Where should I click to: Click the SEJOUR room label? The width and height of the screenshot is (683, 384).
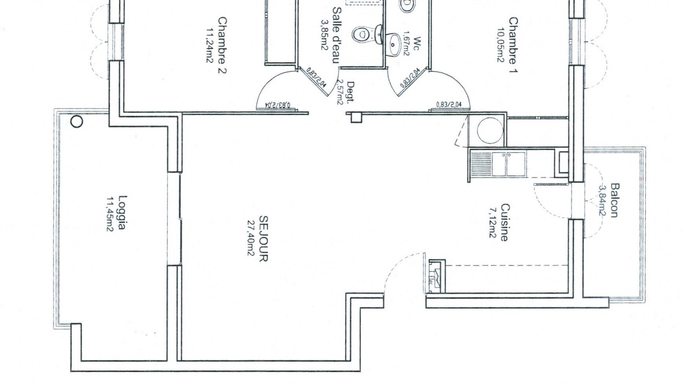(x=264, y=238)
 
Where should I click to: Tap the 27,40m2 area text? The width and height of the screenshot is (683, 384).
(x=251, y=238)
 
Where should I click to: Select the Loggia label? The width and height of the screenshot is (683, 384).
(x=122, y=212)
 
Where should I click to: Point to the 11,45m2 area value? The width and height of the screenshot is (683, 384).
(x=110, y=214)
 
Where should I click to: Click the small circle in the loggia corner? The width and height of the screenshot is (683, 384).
(x=76, y=121)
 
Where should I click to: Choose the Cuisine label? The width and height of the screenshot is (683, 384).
(x=505, y=222)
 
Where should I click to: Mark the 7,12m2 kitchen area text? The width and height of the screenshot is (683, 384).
(x=493, y=223)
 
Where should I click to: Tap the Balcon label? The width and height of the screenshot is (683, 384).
(x=615, y=200)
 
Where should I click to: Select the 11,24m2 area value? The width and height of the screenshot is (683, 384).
(x=210, y=45)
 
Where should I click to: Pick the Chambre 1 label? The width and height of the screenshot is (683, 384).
(x=513, y=45)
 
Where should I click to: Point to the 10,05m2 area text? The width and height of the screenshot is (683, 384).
(x=501, y=45)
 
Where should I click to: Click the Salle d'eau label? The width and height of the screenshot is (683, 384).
(x=337, y=35)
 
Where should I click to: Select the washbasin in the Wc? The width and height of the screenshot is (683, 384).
(x=394, y=44)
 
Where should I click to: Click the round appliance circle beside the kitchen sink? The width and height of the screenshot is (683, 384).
(x=490, y=130)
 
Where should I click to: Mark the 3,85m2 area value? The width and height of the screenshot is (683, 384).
(x=324, y=35)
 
